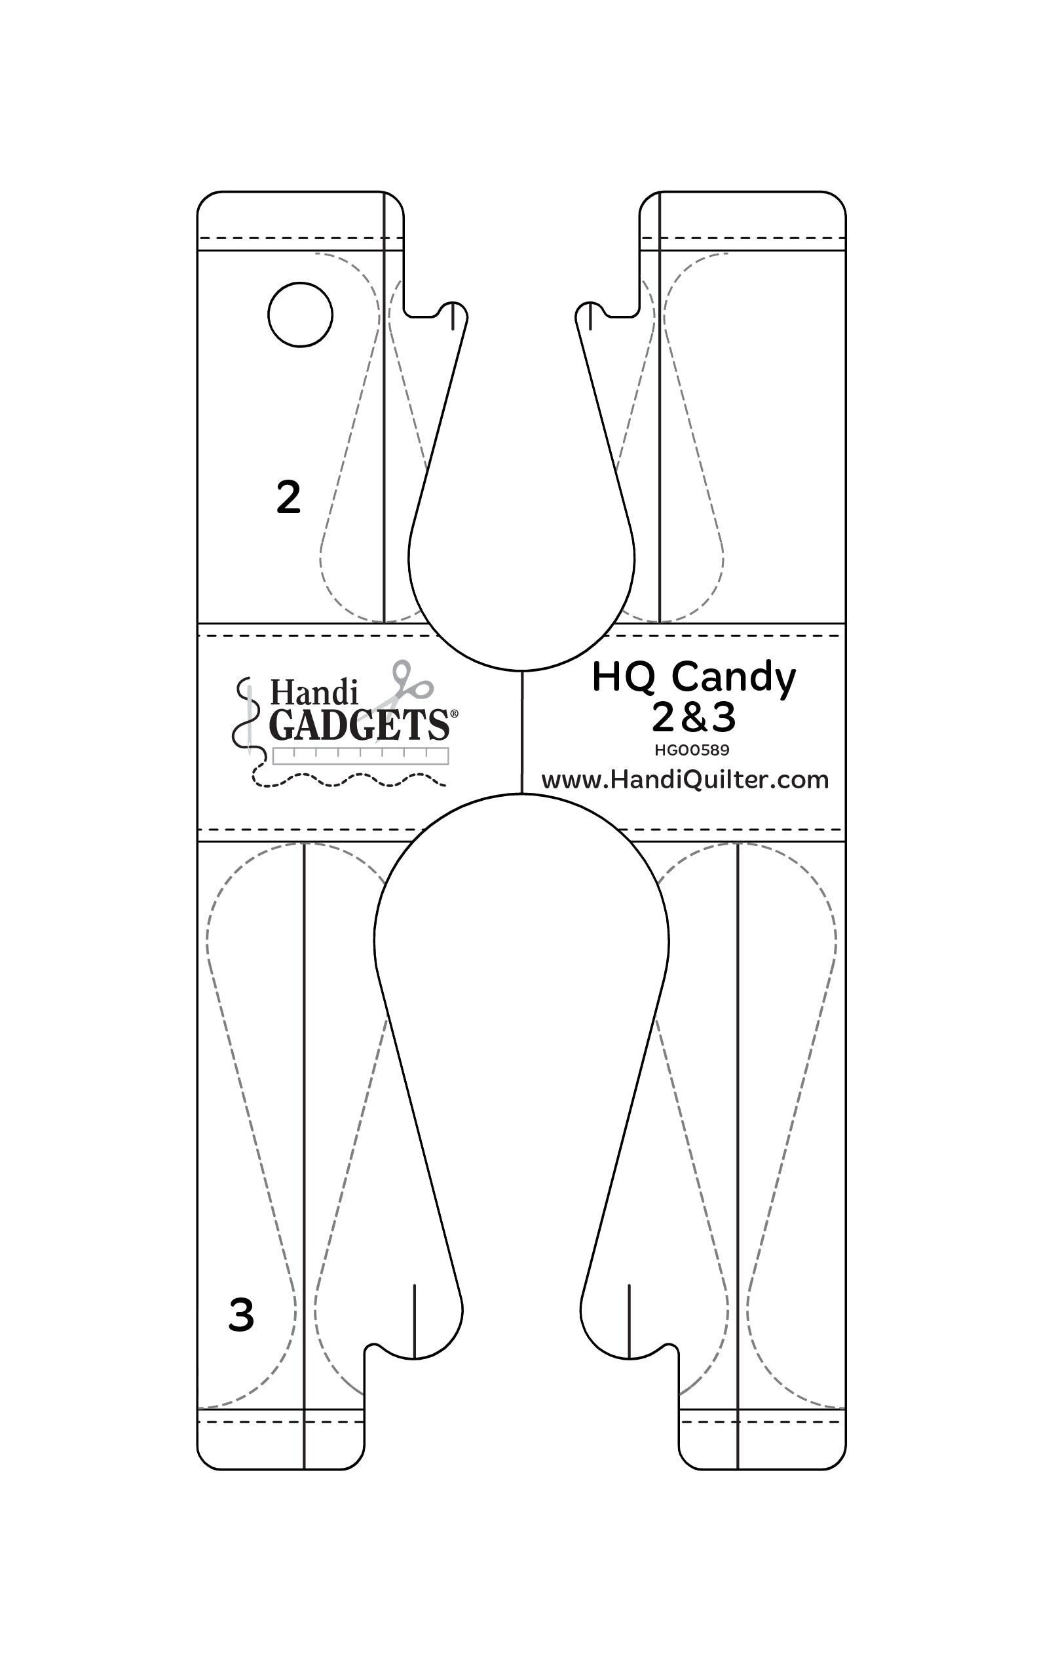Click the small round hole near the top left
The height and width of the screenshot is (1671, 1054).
[300, 315]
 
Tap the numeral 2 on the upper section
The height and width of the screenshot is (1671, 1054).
[289, 497]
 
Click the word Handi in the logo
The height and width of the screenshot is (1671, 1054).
[314, 693]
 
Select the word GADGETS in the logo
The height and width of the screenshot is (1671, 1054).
[359, 725]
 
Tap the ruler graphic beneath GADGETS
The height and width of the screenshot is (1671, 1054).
[361, 756]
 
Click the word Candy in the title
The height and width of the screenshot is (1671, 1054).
[734, 679]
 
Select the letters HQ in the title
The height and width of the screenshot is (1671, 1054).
[623, 678]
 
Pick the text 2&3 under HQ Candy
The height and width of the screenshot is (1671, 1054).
[693, 718]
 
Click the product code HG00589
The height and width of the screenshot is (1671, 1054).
[692, 750]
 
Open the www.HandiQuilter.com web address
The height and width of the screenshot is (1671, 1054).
[685, 779]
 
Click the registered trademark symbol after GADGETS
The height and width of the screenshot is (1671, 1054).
[454, 714]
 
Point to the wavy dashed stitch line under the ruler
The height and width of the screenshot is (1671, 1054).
[349, 778]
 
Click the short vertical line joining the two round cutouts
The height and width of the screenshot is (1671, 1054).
[521, 732]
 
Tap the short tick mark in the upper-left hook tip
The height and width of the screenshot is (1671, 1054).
[453, 317]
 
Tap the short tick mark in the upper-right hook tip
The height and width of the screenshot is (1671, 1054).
[590, 317]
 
